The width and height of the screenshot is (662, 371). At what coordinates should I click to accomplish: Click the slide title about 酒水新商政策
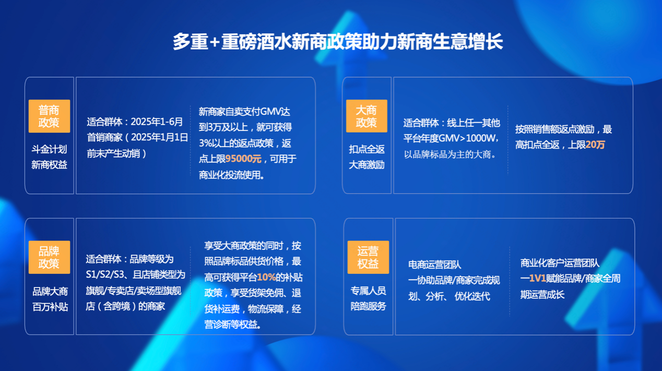click(337, 42)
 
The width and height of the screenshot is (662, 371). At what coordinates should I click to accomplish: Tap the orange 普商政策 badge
click(50, 116)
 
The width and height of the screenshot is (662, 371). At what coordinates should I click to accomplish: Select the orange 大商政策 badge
click(367, 116)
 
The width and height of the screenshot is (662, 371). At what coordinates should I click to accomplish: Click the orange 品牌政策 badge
click(50, 257)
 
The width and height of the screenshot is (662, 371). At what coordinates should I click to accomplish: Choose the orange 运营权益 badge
click(368, 257)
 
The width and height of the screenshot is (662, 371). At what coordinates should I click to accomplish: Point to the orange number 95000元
click(243, 159)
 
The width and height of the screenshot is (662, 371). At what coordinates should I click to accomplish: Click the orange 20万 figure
click(595, 145)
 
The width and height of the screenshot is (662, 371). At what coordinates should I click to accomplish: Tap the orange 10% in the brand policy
click(266, 278)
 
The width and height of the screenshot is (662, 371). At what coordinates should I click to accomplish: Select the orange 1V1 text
click(537, 278)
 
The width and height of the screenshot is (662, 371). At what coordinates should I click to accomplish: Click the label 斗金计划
click(50, 149)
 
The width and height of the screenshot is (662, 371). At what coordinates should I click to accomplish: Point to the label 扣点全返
click(367, 149)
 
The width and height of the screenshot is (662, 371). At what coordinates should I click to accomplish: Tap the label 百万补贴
click(50, 307)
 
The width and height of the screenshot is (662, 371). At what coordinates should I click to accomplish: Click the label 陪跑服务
click(368, 306)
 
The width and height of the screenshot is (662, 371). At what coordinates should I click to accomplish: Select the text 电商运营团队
click(434, 265)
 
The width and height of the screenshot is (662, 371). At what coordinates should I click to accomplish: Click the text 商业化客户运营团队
click(560, 263)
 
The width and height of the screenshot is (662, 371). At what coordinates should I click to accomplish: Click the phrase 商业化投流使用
click(229, 175)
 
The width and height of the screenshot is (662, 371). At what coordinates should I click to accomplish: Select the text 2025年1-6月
click(157, 122)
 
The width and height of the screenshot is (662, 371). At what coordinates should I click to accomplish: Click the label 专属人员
click(368, 291)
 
